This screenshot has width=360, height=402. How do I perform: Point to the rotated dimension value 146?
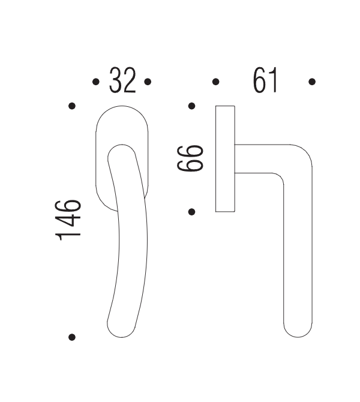pyautogui.click(x=69, y=220)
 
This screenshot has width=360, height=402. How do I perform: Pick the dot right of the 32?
pyautogui.click(x=148, y=81)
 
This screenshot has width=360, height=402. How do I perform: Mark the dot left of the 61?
pyautogui.click(x=216, y=81)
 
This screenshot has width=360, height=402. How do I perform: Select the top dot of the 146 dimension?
pyautogui.click(x=72, y=106)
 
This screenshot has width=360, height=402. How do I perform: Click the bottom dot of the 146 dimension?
pyautogui.click(x=72, y=337)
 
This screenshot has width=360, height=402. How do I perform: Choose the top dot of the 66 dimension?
pyautogui.click(x=192, y=106)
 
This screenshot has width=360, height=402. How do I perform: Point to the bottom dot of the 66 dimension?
pyautogui.click(x=192, y=211)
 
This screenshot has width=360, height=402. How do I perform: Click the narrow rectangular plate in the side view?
pyautogui.click(x=225, y=159)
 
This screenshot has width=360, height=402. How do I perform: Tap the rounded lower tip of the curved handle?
pyautogui.click(x=119, y=327)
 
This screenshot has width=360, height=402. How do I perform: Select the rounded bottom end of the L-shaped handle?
pyautogui.click(x=298, y=327)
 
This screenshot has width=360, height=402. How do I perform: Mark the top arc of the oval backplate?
pyautogui.click(x=122, y=109)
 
